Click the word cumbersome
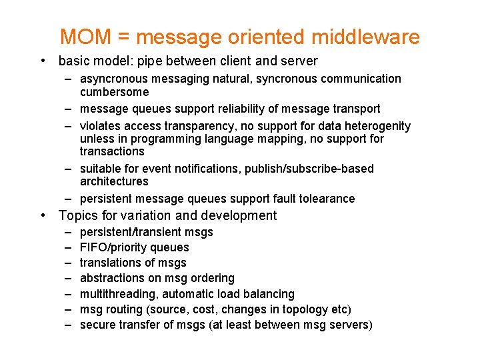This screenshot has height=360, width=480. click(x=115, y=92)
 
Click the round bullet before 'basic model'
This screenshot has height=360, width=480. click(x=43, y=61)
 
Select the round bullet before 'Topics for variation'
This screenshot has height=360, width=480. click(x=43, y=215)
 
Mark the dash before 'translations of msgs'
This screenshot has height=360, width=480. click(x=69, y=263)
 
